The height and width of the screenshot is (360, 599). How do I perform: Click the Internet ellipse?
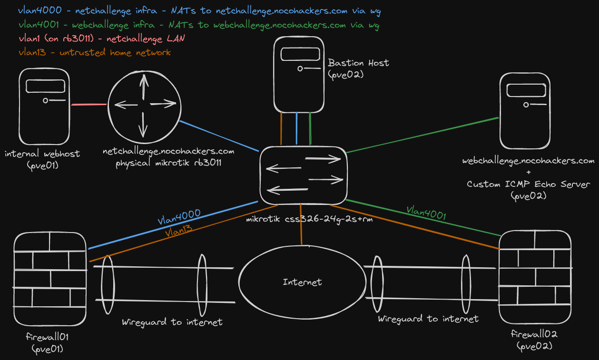click(x=302, y=282)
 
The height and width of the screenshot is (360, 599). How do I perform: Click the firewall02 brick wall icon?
click(x=534, y=276)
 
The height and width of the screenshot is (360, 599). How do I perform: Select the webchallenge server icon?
click(x=524, y=111)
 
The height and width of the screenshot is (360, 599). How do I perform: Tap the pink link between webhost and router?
click(x=89, y=104)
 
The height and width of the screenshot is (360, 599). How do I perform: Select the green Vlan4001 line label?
click(x=426, y=212)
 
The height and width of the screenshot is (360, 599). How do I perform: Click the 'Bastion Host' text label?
click(x=358, y=63)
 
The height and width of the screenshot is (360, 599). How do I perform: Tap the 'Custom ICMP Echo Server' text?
click(x=528, y=184)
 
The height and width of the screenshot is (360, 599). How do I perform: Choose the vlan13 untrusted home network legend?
click(x=94, y=52)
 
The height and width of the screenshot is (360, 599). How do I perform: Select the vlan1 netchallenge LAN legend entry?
click(x=101, y=39)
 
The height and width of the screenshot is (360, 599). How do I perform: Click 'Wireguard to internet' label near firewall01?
click(x=172, y=322)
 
